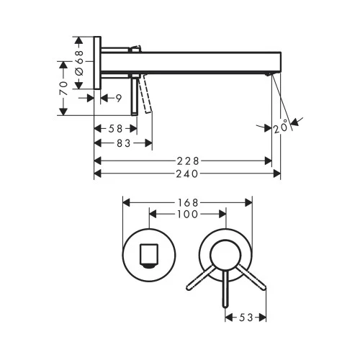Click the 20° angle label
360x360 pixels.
pos(282,128)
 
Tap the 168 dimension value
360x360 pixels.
pos(188,202)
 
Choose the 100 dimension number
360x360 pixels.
pos(188,215)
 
